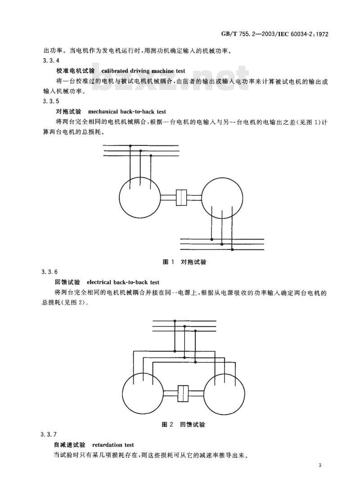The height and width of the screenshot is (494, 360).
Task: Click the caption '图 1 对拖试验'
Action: [184, 262]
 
